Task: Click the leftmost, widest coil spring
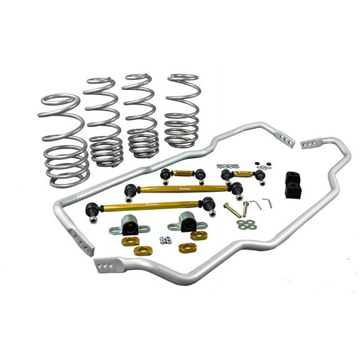coord(62,141)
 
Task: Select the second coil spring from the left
coord(104,122)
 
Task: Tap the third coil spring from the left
coord(141,116)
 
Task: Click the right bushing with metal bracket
coord(186,222)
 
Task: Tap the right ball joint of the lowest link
coord(207,203)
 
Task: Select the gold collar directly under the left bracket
coord(129,242)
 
